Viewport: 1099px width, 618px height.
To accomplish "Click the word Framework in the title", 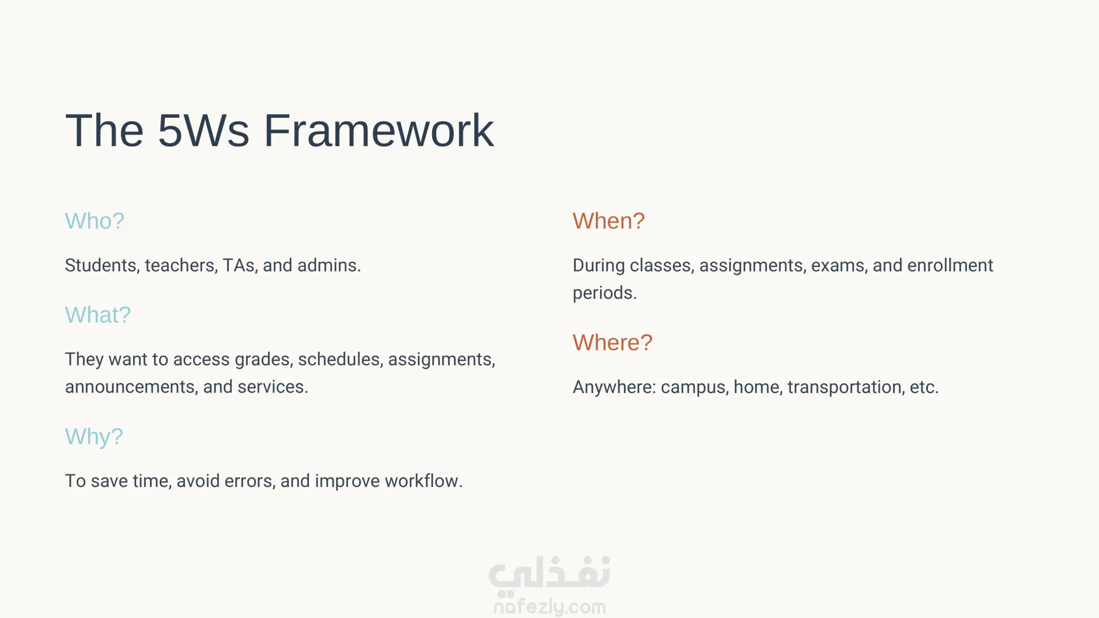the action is [x=378, y=130].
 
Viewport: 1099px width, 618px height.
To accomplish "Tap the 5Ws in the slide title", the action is [x=203, y=130].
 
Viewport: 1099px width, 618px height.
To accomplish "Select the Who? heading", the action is [x=94, y=221].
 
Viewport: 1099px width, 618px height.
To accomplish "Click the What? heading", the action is [x=98, y=315].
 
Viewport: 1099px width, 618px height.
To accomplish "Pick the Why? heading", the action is [x=94, y=437].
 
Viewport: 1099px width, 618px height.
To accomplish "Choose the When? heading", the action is [x=608, y=221].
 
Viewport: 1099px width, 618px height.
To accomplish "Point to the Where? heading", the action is [x=612, y=343].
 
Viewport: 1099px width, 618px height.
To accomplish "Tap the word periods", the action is [x=604, y=294].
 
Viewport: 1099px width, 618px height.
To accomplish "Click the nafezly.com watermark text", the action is [x=549, y=607].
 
